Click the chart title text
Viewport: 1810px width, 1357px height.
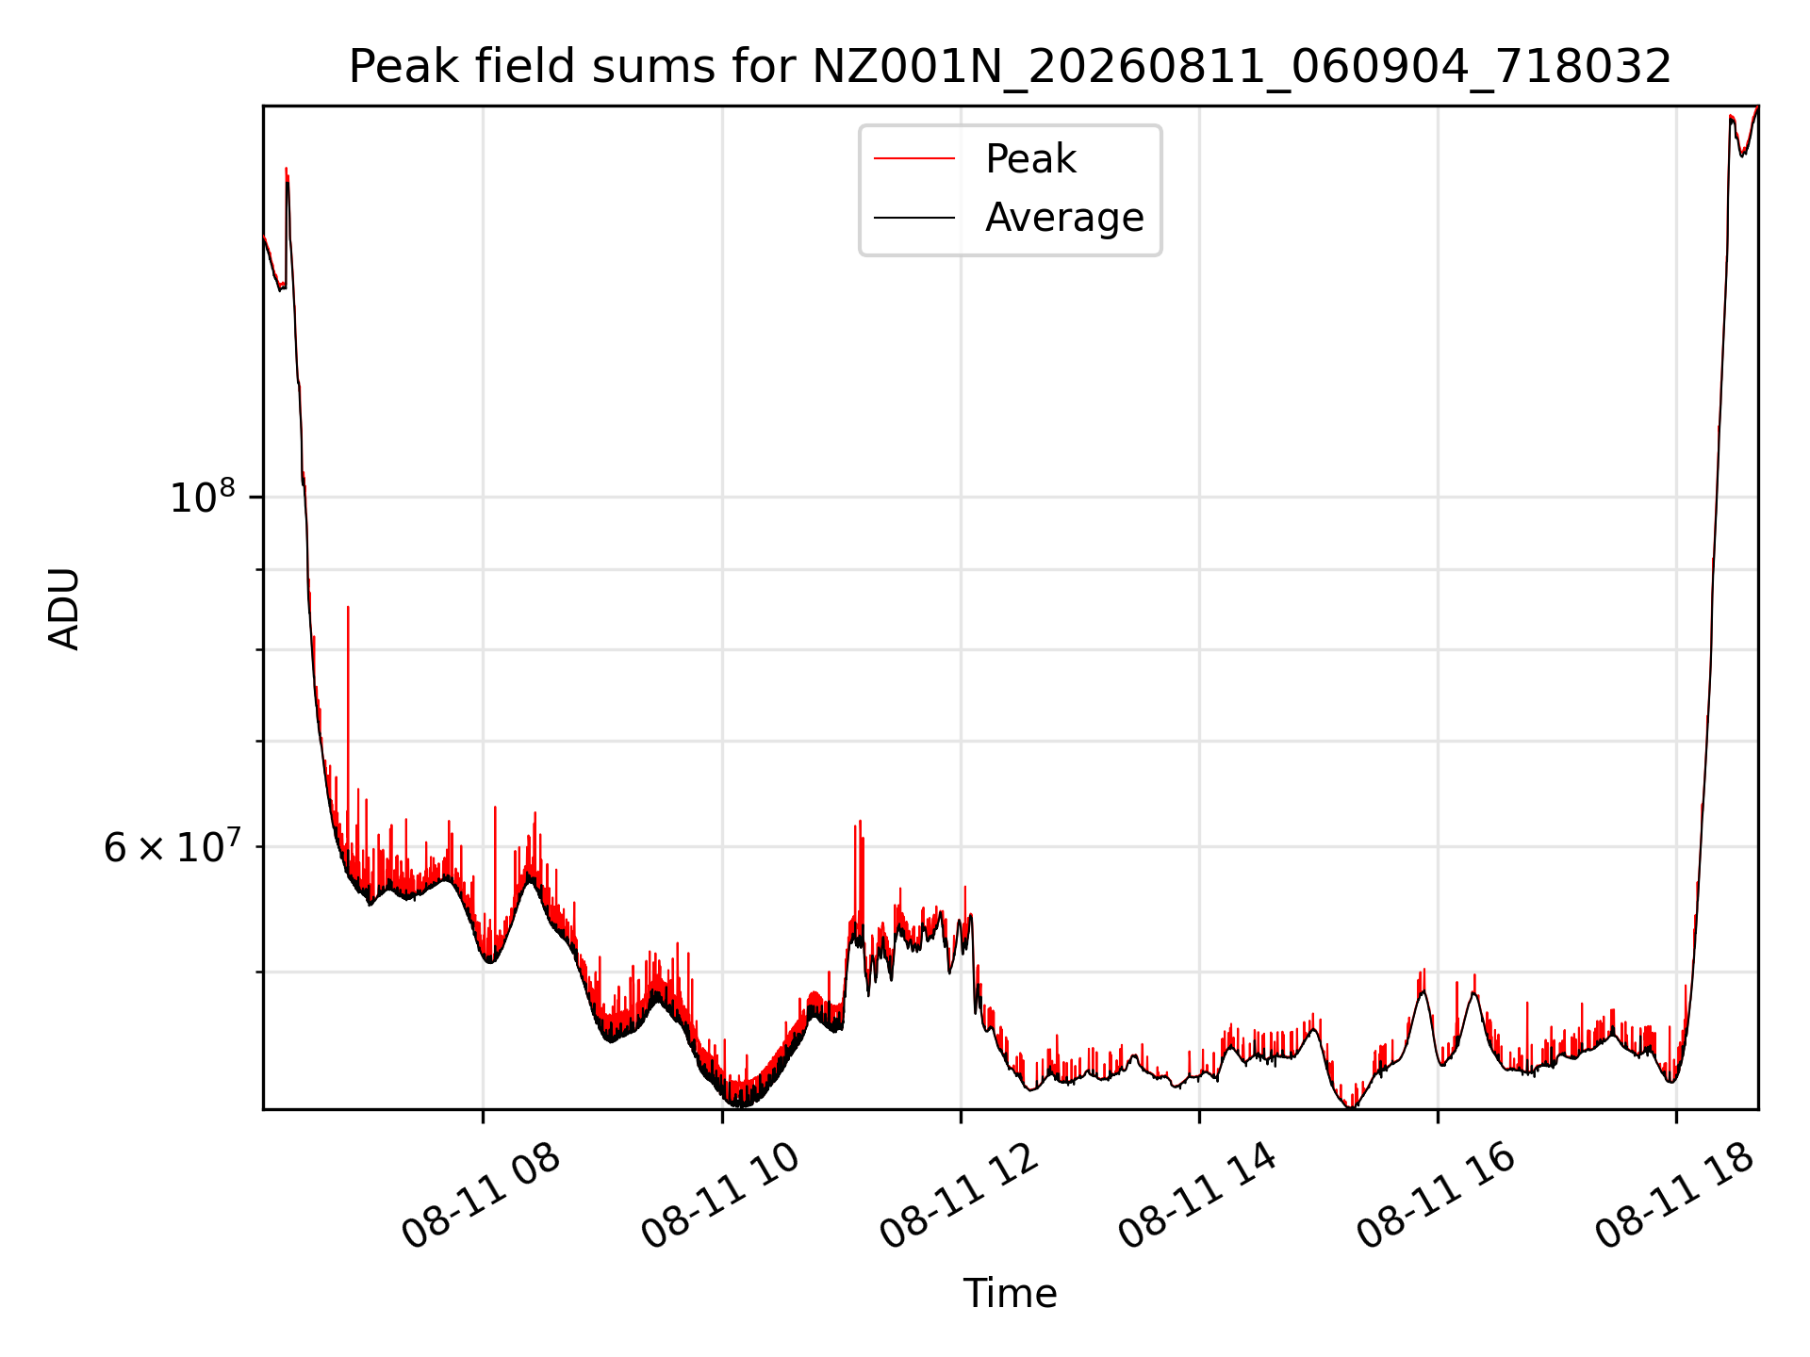(x=1010, y=67)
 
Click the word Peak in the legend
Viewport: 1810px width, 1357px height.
(x=1030, y=159)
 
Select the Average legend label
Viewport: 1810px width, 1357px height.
(x=1064, y=218)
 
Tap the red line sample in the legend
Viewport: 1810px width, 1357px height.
(x=914, y=159)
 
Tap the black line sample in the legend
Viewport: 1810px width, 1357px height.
(x=914, y=218)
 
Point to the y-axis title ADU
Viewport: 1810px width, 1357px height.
(x=64, y=608)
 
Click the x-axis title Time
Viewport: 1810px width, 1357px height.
(x=1010, y=1294)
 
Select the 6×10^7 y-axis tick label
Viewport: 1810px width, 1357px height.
(x=173, y=845)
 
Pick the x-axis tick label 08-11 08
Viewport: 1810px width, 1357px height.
(x=481, y=1197)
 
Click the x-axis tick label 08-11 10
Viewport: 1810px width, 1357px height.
(x=720, y=1197)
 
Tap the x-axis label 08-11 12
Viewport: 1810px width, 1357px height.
(x=959, y=1197)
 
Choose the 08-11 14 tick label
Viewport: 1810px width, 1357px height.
(x=1197, y=1197)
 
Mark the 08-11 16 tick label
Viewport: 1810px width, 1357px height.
(x=1436, y=1197)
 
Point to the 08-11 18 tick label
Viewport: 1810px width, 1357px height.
(x=1674, y=1197)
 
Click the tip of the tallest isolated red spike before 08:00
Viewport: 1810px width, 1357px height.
(x=348, y=608)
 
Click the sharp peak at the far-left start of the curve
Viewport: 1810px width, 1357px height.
(x=287, y=169)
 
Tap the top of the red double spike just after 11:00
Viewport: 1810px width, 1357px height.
(x=859, y=822)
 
